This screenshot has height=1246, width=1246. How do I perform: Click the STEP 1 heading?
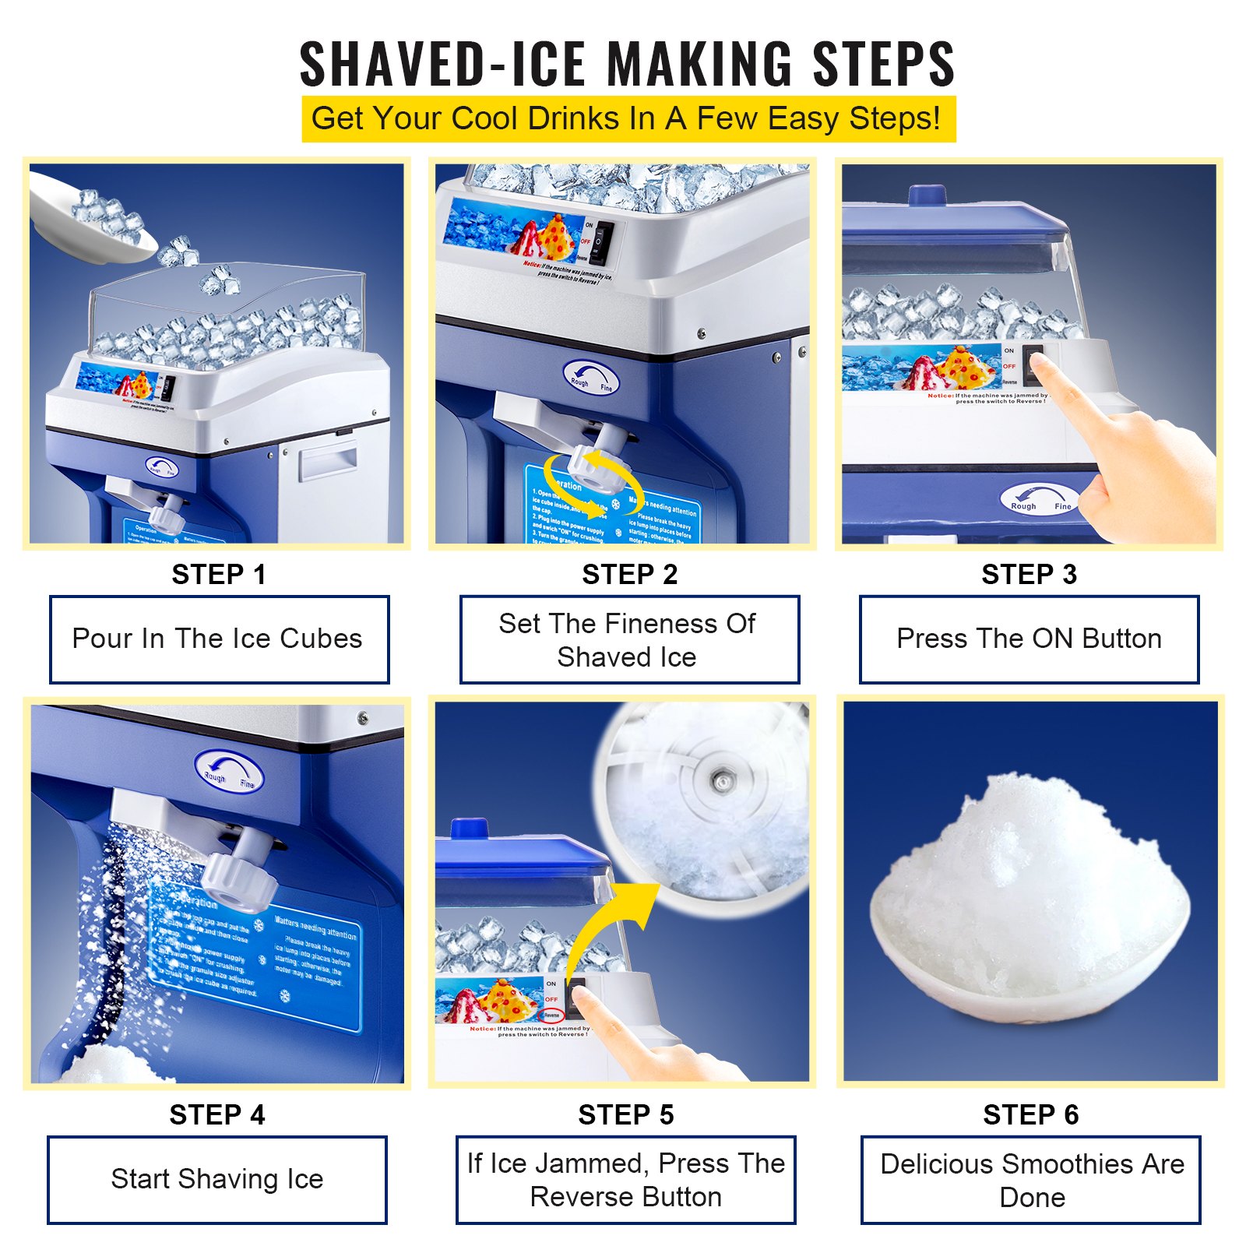point(219,575)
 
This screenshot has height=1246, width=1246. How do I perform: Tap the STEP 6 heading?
point(1030,1115)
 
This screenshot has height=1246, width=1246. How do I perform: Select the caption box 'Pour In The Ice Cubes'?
point(219,639)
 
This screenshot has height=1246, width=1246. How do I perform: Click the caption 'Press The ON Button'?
point(1029,639)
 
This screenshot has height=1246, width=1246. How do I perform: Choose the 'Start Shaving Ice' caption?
point(217,1179)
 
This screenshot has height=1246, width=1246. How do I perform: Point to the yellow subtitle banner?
point(628,119)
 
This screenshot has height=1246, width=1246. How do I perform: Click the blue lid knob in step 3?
point(927,194)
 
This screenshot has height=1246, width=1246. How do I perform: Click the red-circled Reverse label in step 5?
point(551,1015)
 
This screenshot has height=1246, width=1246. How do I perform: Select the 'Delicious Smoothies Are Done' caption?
point(1031,1180)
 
